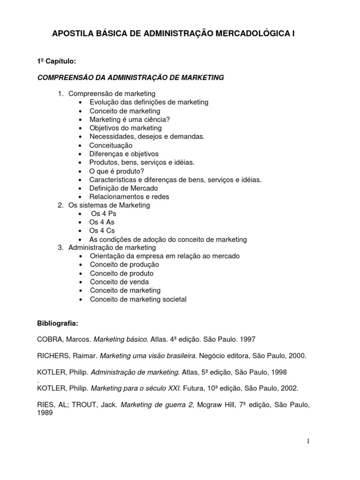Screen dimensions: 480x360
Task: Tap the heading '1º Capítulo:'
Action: click(x=53, y=61)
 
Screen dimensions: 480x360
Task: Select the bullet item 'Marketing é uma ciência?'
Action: click(x=129, y=120)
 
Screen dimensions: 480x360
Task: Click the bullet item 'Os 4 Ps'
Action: click(x=103, y=214)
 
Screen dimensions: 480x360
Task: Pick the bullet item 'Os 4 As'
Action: click(x=102, y=222)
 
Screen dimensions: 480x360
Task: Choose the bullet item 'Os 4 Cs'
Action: click(x=102, y=231)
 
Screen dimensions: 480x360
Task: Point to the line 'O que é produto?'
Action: click(x=117, y=171)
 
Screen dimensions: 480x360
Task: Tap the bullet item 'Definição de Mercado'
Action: click(x=124, y=188)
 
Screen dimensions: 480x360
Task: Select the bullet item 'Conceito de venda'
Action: click(x=119, y=282)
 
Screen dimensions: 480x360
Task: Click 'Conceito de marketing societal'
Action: click(x=138, y=299)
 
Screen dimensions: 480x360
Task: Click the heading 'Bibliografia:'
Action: click(x=55, y=324)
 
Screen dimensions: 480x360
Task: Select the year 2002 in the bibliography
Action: click(x=289, y=388)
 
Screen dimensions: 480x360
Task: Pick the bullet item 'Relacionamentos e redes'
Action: click(x=129, y=196)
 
